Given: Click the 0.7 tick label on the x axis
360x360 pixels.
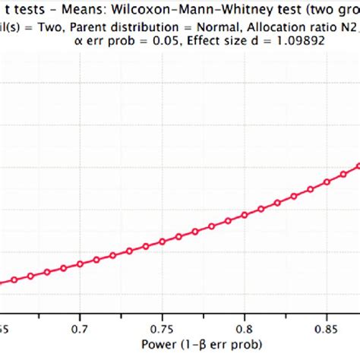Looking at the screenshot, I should pos(80,330).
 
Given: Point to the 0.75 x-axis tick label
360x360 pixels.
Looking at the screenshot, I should pos(162,330).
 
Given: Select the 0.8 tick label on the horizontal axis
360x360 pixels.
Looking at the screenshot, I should pos(244,330).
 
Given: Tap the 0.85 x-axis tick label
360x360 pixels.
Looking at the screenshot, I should pos(326,330).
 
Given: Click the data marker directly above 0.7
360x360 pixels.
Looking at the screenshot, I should pos(80,265).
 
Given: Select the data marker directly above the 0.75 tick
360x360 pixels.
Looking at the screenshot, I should pos(162,242).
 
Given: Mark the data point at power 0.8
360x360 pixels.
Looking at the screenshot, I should pos(244,215).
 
